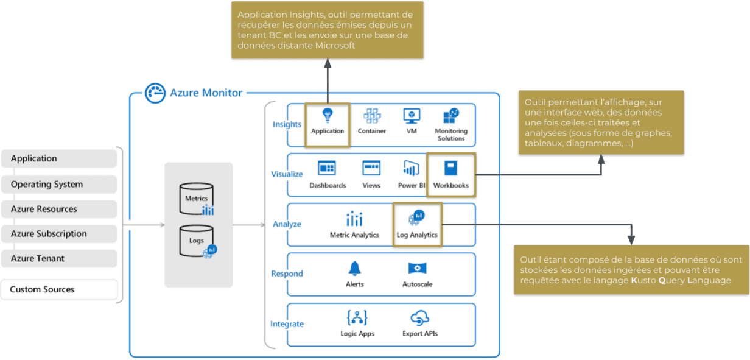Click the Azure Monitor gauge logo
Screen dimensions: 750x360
click(x=155, y=93)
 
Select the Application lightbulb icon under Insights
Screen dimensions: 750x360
click(x=328, y=116)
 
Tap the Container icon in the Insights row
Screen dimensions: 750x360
click(x=372, y=116)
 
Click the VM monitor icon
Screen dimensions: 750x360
click(x=412, y=116)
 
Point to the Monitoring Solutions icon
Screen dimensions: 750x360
click(x=450, y=116)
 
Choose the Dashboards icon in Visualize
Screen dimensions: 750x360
click(x=327, y=168)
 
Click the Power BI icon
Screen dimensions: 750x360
click(x=412, y=168)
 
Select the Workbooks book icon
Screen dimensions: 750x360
click(x=450, y=168)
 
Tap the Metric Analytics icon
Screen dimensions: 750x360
click(x=354, y=219)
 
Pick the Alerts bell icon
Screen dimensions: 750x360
click(x=354, y=269)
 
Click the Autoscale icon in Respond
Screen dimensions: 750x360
click(x=417, y=268)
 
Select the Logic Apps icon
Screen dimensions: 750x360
click(x=357, y=318)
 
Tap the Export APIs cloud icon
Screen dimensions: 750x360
click(x=420, y=318)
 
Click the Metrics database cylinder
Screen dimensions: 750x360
click(x=196, y=199)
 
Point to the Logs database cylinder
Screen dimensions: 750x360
click(x=197, y=241)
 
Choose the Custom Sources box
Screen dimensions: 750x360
click(x=59, y=289)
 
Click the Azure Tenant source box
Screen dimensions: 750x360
click(x=59, y=258)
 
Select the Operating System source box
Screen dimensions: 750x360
click(x=59, y=184)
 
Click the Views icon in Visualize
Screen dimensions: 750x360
click(x=371, y=168)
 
